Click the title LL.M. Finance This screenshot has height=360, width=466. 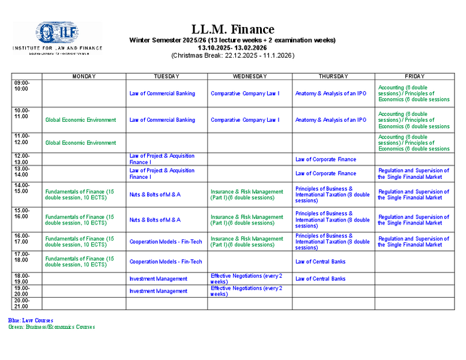(232, 29)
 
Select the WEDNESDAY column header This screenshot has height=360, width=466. (250, 76)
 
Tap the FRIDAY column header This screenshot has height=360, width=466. (414, 76)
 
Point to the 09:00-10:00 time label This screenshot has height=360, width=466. (22, 85)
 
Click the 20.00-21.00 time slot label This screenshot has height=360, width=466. (22, 303)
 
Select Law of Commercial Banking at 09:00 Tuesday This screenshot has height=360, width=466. (162, 94)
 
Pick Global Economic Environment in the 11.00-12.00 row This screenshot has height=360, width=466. (80, 143)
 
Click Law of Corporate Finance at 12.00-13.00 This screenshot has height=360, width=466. (325, 160)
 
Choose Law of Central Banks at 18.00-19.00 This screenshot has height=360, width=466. (320, 279)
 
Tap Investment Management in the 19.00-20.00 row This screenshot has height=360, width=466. (158, 292)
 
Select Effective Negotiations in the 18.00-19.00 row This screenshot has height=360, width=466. (246, 279)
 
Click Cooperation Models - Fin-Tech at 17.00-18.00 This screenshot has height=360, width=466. (166, 262)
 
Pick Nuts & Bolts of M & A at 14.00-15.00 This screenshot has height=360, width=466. (155, 195)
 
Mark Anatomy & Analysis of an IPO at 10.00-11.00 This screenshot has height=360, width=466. (330, 120)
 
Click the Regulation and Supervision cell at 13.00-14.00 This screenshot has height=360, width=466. (413, 174)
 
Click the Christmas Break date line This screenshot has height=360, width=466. (232, 55)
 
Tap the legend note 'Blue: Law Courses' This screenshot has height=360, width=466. (31, 320)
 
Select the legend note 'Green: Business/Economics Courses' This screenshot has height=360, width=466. (52, 327)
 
